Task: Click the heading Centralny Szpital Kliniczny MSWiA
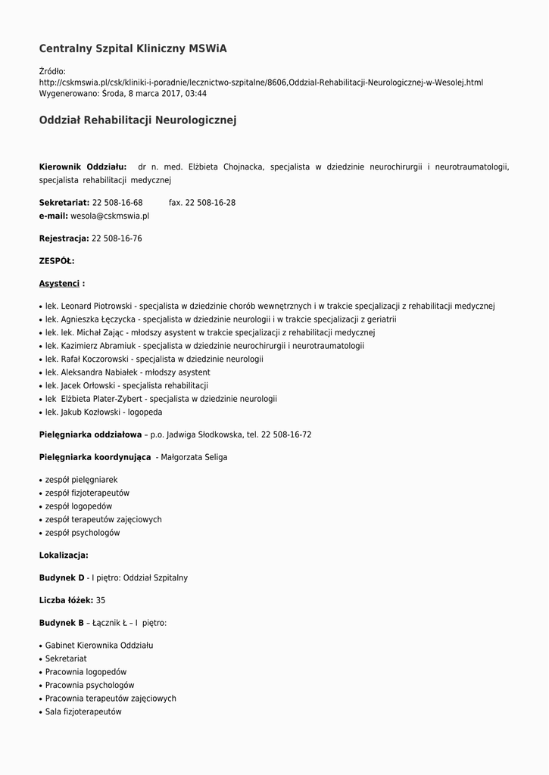(133, 49)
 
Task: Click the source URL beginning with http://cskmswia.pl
(260, 82)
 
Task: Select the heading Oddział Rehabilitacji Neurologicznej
(138, 120)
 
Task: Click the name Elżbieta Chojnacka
(226, 167)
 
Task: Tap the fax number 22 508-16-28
(210, 203)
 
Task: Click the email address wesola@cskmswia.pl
(110, 216)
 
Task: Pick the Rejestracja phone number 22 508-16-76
(117, 238)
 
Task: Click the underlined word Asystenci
(59, 284)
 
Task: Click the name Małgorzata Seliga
(194, 457)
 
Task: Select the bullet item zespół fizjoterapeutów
(87, 493)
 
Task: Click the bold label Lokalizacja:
(64, 556)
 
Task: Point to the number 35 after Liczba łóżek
(101, 600)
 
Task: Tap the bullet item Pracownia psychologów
(89, 685)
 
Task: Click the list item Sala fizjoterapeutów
(83, 712)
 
